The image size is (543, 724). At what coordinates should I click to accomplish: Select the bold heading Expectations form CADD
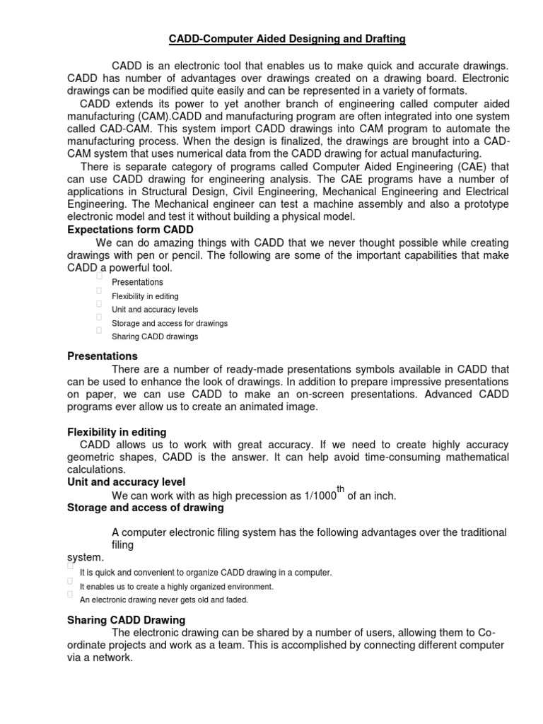130,230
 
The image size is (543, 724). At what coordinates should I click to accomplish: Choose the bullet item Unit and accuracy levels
155,310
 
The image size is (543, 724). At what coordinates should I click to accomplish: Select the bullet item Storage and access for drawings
170,323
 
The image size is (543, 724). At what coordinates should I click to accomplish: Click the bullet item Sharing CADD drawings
155,337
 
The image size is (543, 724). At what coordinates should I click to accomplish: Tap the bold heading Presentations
102,356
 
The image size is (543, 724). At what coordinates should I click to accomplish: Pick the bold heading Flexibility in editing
117,431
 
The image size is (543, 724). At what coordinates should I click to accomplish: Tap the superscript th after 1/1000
341,489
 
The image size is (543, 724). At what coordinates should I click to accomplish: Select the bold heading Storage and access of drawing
145,508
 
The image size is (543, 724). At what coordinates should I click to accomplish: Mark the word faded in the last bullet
236,600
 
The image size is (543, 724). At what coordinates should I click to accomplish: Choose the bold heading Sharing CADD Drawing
126,620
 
